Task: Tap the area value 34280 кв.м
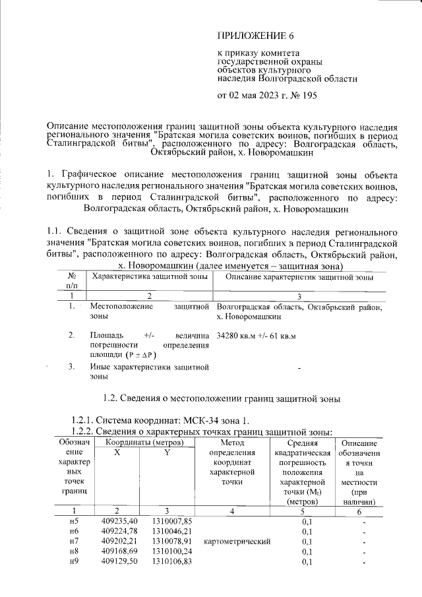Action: coord(238,336)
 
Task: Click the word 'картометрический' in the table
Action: coord(238,541)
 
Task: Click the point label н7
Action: coord(74,541)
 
